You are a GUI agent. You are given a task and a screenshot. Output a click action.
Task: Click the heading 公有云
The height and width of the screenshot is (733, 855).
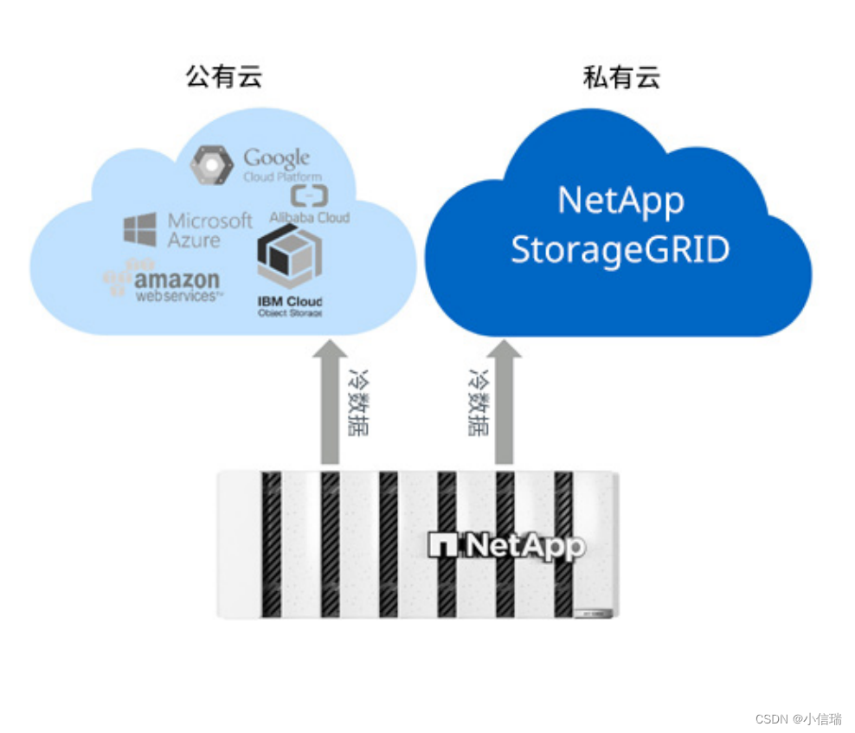point(223,76)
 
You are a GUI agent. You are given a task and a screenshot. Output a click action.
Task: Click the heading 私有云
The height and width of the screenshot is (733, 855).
point(621,77)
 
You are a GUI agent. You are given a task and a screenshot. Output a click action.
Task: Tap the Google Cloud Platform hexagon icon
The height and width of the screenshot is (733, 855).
point(211,165)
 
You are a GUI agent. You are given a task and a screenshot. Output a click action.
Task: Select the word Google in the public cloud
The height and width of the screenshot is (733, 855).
point(276,158)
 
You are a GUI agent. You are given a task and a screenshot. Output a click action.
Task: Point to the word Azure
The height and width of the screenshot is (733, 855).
point(194,241)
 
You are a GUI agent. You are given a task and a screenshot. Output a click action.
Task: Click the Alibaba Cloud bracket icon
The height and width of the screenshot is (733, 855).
point(307,195)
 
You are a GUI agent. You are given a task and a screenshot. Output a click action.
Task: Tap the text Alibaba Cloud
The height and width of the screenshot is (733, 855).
point(309,216)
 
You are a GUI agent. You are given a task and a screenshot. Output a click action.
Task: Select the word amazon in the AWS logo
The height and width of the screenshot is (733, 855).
point(177,280)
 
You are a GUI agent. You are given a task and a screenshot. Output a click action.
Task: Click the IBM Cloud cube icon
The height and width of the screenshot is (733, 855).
point(289,259)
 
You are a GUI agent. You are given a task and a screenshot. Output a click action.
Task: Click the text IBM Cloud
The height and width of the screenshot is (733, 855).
point(290,301)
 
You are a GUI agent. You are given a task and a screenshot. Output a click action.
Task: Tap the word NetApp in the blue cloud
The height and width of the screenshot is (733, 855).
point(620,200)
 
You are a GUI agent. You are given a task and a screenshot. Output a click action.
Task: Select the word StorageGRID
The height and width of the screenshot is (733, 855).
point(620,249)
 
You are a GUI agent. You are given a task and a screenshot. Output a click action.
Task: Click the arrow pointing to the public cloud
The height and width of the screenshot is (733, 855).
point(330,402)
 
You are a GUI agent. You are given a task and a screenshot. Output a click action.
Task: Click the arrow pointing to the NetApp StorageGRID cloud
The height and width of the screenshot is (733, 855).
point(505,402)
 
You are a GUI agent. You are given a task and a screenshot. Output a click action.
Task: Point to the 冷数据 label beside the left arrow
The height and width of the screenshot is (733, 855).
point(357,404)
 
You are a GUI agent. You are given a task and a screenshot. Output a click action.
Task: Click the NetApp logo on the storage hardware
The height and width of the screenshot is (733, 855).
point(507,545)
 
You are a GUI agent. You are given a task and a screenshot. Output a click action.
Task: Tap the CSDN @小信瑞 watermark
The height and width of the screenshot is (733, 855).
point(798,719)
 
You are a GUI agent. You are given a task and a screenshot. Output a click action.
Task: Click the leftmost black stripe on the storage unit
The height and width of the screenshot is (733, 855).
point(272,544)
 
